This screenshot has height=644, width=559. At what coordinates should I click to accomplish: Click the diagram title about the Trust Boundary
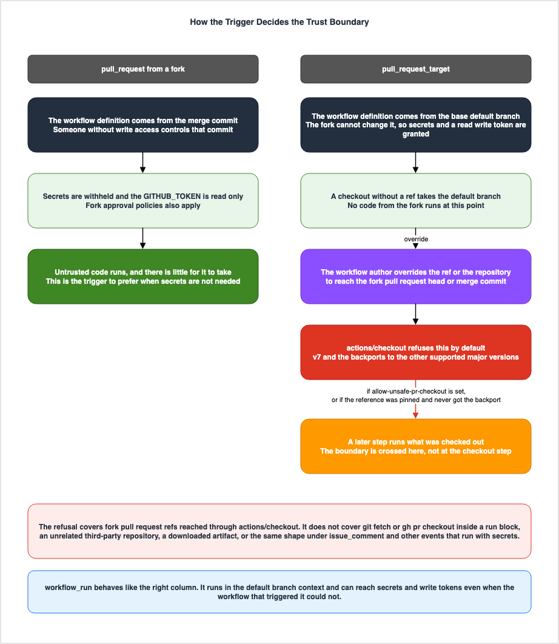coord(279,22)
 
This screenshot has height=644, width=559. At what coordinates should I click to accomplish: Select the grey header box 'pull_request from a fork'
coord(143,69)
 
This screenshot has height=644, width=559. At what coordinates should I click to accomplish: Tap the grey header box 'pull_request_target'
coord(416,69)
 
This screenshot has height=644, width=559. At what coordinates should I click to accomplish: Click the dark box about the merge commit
coord(143,125)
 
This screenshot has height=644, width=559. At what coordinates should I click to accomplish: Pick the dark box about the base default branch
coord(416,125)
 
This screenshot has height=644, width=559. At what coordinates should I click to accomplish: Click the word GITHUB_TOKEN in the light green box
coord(172,196)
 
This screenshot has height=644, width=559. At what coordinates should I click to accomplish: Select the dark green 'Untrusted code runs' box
coord(143,277)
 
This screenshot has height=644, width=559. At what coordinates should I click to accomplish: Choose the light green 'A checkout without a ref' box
coord(416,201)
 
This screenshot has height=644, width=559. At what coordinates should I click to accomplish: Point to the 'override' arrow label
coord(416,239)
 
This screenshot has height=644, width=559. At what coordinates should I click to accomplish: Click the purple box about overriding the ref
coord(416,277)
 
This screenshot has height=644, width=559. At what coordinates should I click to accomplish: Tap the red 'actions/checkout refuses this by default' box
coord(416,352)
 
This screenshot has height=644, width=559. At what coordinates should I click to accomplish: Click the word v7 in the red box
coord(317,357)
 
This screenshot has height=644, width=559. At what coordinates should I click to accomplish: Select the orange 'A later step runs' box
coord(416,446)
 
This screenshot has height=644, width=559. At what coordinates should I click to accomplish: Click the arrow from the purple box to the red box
coord(416,314)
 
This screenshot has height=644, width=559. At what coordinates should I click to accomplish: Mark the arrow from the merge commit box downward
coord(143,163)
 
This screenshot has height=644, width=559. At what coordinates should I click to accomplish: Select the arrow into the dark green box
coord(143,238)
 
